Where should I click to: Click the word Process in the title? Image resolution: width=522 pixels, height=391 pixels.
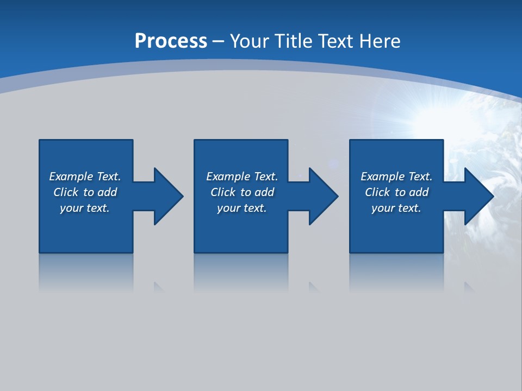click(171, 41)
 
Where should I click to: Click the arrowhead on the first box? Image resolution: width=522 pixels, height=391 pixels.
click(168, 196)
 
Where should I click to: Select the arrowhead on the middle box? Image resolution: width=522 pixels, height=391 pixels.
click(323, 196)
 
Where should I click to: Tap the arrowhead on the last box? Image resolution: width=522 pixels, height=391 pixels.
click(478, 196)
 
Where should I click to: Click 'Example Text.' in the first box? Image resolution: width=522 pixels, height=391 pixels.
click(85, 176)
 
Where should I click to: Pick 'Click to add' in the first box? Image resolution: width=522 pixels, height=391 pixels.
click(85, 192)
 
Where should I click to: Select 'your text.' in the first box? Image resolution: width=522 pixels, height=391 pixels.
click(85, 208)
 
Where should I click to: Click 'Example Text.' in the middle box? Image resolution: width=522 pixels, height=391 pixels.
click(242, 176)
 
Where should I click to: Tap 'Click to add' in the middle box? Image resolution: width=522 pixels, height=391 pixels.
click(242, 192)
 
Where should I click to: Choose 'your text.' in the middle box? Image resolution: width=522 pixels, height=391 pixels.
click(242, 208)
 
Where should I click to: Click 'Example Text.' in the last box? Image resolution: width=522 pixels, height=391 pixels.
click(396, 176)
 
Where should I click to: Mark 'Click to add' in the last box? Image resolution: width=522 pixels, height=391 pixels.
click(396, 192)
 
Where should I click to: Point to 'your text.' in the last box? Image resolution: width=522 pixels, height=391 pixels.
click(396, 208)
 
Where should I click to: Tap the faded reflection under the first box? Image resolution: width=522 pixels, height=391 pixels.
click(86, 272)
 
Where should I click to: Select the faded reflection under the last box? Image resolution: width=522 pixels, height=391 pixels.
click(396, 272)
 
